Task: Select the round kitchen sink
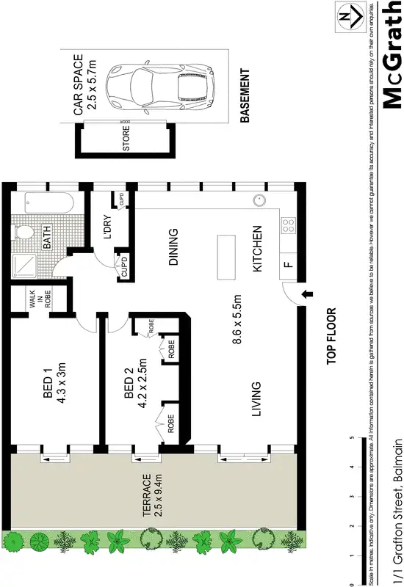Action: point(258,200)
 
